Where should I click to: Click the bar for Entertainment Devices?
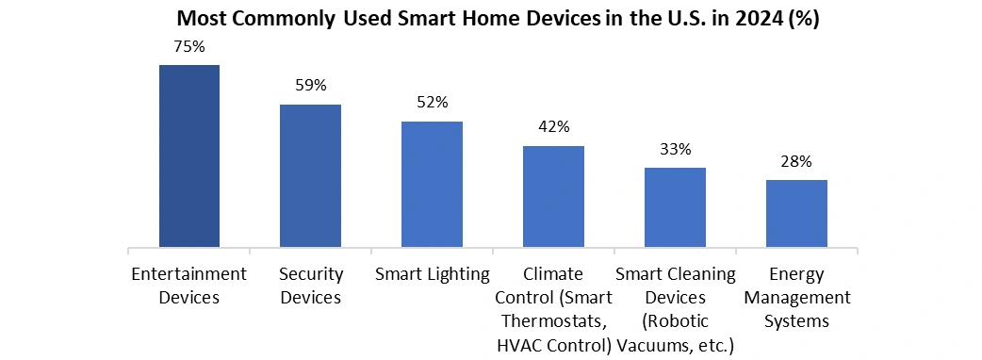(x=189, y=155)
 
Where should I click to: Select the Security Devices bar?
(x=311, y=176)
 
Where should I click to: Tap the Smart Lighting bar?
(x=433, y=184)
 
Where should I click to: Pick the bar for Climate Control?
(x=553, y=197)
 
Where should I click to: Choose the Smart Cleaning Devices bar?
(x=675, y=207)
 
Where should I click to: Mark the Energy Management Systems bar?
(x=796, y=214)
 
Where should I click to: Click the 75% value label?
(x=189, y=47)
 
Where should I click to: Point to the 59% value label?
(x=311, y=85)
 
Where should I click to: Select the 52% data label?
(x=433, y=102)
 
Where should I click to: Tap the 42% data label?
(x=553, y=126)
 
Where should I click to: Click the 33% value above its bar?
(x=675, y=149)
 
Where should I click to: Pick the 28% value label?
(x=796, y=161)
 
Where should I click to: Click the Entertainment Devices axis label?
(x=189, y=286)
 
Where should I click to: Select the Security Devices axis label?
(x=311, y=286)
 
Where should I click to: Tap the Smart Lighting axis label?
(x=433, y=275)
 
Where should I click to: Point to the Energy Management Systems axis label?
(x=796, y=298)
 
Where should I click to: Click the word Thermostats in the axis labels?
(x=554, y=321)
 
